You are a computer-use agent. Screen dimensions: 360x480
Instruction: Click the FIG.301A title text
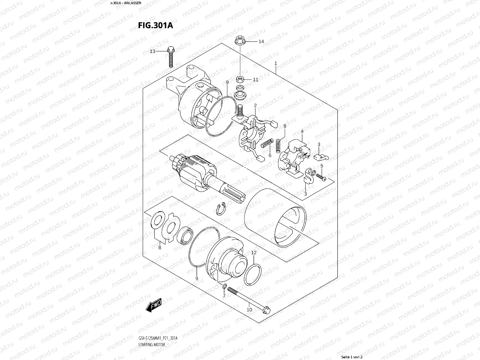click(x=155, y=25)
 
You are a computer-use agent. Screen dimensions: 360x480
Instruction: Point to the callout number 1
click(x=275, y=63)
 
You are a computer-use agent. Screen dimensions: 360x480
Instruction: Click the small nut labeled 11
click(x=240, y=79)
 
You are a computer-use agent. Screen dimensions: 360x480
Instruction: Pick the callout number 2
click(x=255, y=106)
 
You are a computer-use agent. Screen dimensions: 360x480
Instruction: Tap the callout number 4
click(x=302, y=131)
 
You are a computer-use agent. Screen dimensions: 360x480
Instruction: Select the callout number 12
click(x=254, y=253)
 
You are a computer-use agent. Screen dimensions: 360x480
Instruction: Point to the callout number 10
click(x=249, y=309)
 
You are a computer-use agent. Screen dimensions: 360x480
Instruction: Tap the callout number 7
click(x=224, y=296)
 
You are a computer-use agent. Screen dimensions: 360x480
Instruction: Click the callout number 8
click(x=160, y=247)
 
